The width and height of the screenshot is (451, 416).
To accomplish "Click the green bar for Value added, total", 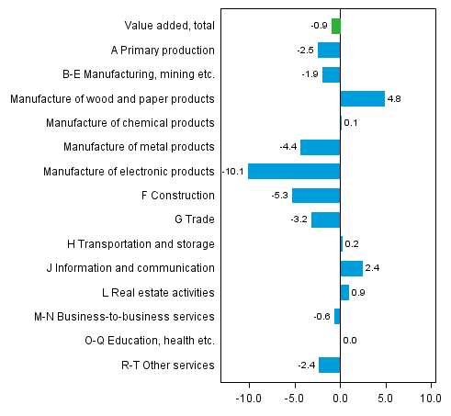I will (336, 26).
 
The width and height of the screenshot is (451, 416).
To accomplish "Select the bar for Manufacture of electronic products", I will (294, 171).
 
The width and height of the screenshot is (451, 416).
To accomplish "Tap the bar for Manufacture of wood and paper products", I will (362, 98).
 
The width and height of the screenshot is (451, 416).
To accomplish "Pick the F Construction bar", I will (316, 195).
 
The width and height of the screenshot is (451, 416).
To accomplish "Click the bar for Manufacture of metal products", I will (320, 147).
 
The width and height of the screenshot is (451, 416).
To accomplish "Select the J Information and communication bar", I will (351, 268).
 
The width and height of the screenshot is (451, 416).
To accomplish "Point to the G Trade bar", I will (325, 219).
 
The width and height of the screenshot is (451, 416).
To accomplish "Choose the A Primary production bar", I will (329, 50).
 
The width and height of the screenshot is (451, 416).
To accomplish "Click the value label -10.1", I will (233, 172).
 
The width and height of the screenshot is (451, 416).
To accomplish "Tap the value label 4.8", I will (394, 99).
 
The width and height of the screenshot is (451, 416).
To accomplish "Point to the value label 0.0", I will (349, 341).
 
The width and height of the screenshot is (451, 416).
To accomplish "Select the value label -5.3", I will (278, 196).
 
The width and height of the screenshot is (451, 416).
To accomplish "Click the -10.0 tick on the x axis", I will (249, 399).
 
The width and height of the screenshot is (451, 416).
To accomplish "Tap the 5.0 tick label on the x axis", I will (386, 399).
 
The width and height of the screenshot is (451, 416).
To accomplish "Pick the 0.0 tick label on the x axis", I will (340, 399).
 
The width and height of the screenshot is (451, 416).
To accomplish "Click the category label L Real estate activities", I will (158, 292).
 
